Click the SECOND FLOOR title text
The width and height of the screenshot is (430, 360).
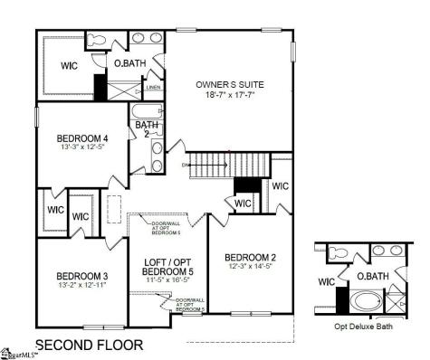coord(88,345)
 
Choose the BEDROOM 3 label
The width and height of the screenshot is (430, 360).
coord(82,276)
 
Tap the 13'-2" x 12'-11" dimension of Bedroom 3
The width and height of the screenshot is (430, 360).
coord(82,286)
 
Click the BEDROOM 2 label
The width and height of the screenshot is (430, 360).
coord(251,258)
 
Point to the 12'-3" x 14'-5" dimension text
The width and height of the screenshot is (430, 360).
coord(251,268)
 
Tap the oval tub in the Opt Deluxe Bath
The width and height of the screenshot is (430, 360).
coord(366,301)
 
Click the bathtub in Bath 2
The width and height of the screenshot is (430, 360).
coord(144,113)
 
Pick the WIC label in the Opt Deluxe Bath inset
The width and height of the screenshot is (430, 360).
coord(327,281)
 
